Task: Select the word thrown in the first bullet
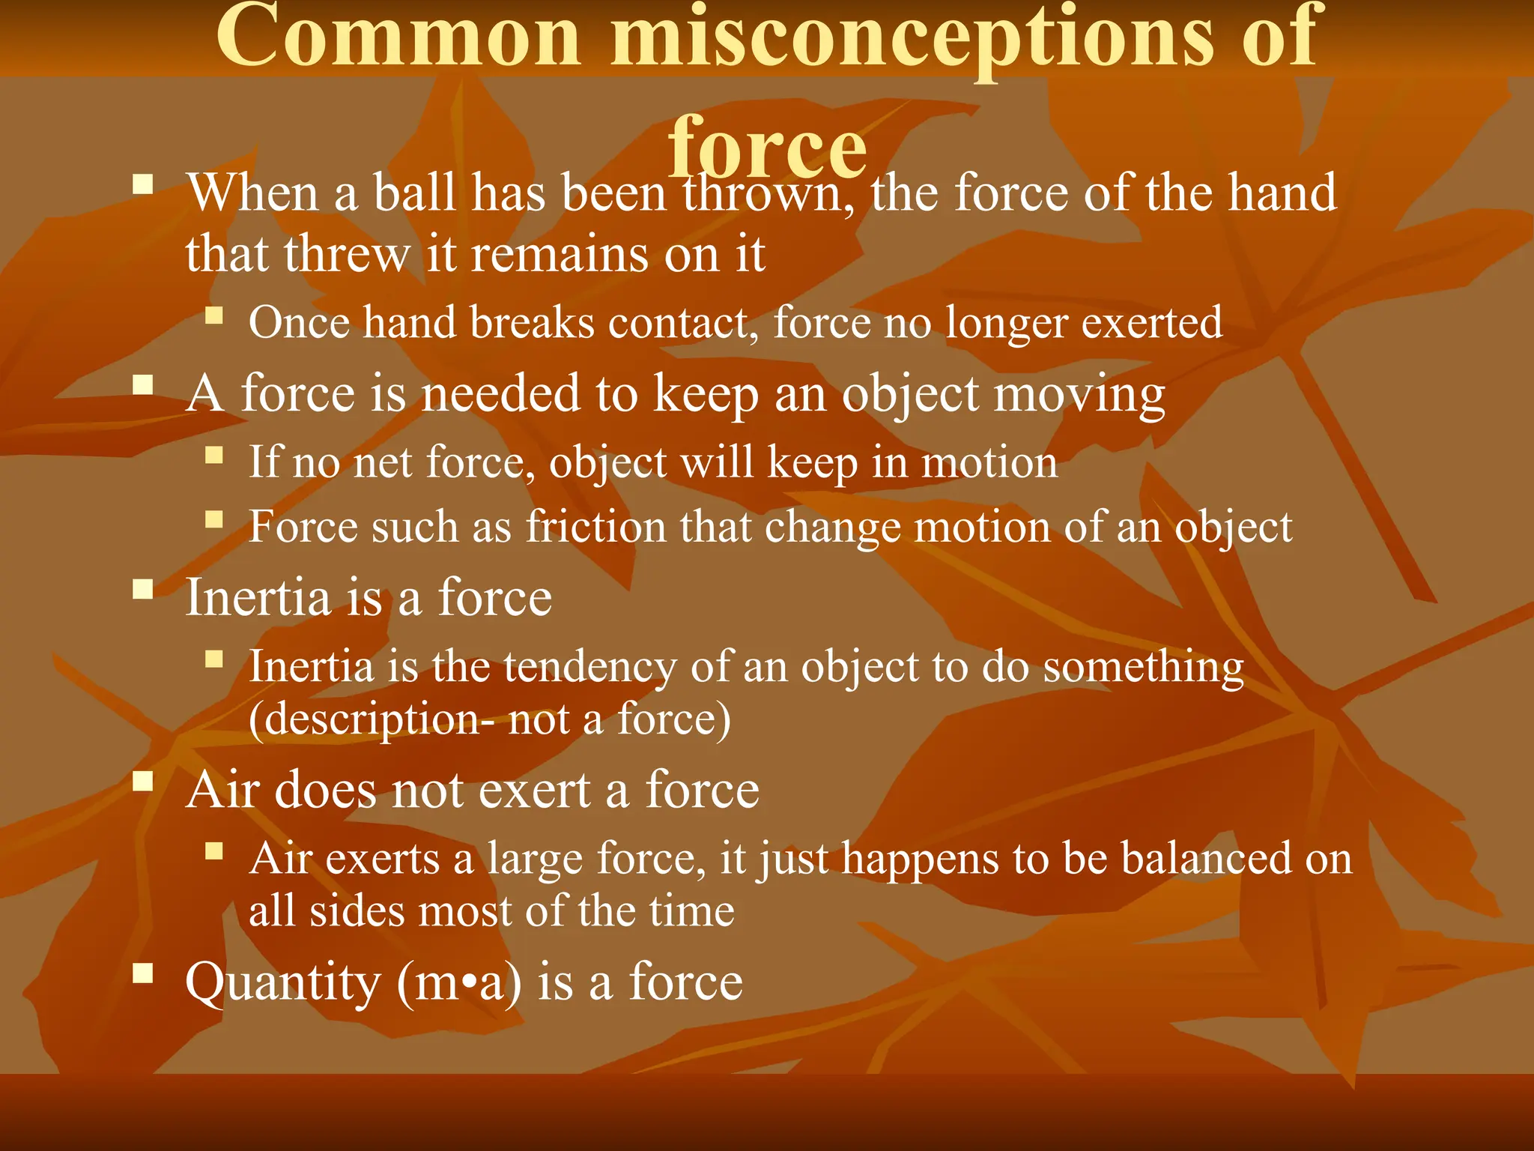click(x=768, y=194)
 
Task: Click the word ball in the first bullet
click(x=415, y=193)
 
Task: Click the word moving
click(x=1079, y=395)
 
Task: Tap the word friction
click(x=595, y=527)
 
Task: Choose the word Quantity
click(x=283, y=982)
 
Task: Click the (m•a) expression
click(x=458, y=982)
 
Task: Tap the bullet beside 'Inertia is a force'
click(x=142, y=589)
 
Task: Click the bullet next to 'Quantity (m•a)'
click(x=142, y=973)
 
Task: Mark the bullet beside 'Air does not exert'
click(x=142, y=782)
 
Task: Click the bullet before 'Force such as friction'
click(x=214, y=519)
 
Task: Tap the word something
click(x=1143, y=667)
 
